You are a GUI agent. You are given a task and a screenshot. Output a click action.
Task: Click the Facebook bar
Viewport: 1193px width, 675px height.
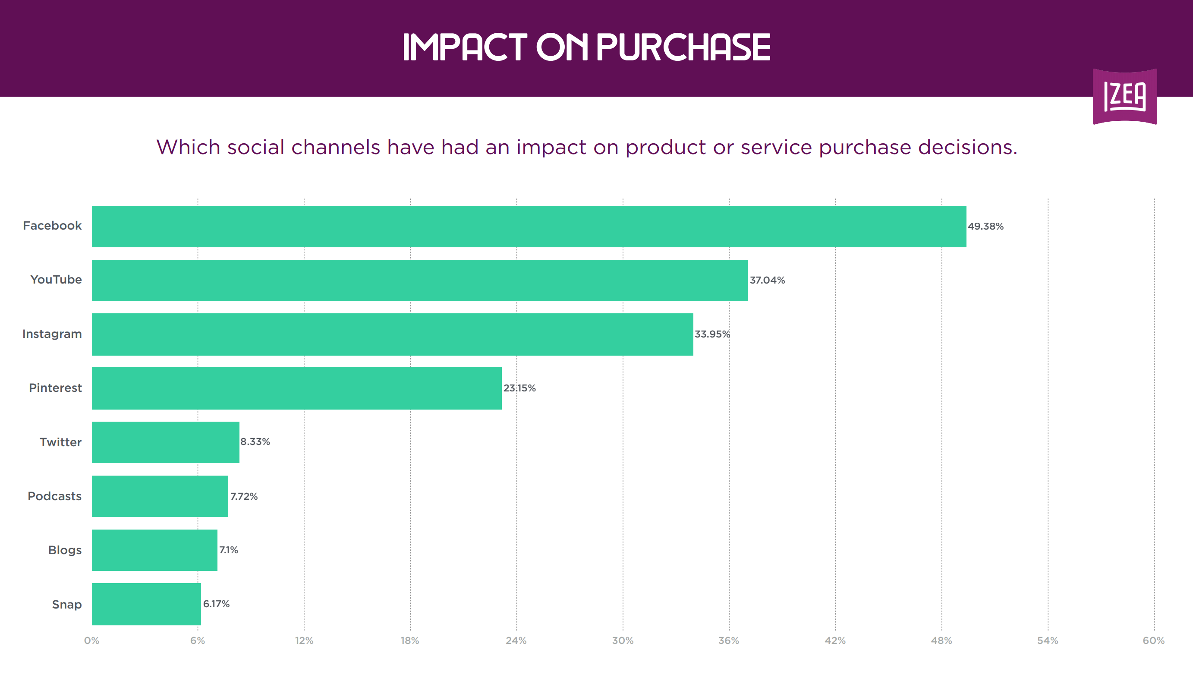pyautogui.click(x=529, y=226)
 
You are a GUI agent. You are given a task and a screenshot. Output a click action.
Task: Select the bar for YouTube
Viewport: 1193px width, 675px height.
pyautogui.click(x=419, y=280)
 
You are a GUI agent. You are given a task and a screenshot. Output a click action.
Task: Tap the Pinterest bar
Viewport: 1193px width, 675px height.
pyautogui.click(x=296, y=388)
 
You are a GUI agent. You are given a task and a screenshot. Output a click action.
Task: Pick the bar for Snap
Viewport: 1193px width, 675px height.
pyautogui.click(x=146, y=604)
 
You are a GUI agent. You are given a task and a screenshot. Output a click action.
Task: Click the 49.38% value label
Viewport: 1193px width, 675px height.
pyautogui.click(x=985, y=226)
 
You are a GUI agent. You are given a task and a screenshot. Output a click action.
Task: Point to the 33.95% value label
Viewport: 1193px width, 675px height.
pyautogui.click(x=712, y=334)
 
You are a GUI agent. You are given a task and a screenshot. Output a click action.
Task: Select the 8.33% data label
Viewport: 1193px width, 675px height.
pyautogui.click(x=255, y=442)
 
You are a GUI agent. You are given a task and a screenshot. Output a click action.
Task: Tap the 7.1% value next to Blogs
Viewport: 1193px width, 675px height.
pyautogui.click(x=229, y=550)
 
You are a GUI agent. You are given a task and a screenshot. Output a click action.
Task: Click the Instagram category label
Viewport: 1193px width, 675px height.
pyautogui.click(x=52, y=334)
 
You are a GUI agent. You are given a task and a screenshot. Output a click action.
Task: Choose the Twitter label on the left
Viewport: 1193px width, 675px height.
pyautogui.click(x=61, y=442)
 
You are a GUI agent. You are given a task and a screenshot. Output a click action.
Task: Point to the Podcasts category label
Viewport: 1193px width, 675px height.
pyautogui.click(x=55, y=496)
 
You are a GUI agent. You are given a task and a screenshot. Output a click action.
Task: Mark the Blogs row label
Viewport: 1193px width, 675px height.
pyautogui.click(x=65, y=550)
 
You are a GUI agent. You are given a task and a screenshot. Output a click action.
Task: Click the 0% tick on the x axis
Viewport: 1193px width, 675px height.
pyautogui.click(x=92, y=641)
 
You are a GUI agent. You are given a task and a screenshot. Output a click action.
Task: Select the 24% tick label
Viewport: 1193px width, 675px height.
pyautogui.click(x=516, y=641)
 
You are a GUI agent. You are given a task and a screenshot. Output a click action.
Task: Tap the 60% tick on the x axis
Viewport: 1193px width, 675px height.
pyautogui.click(x=1154, y=641)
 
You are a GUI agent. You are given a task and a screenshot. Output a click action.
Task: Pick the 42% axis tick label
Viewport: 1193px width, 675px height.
pyautogui.click(x=835, y=641)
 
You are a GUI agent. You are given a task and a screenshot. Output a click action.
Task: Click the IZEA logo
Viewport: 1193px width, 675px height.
pyautogui.click(x=1125, y=96)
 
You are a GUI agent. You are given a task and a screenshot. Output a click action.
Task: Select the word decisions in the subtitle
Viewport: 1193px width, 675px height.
pyautogui.click(x=968, y=148)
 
